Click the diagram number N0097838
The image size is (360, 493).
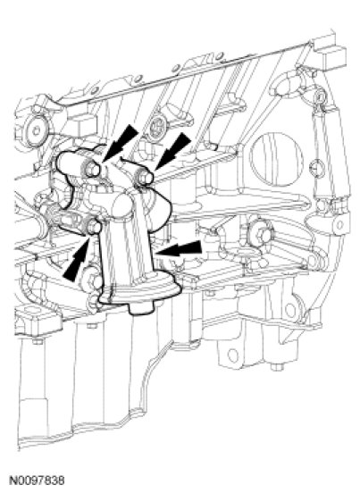[38, 480]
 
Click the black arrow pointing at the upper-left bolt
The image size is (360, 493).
[121, 142]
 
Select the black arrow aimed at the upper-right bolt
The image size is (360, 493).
[173, 151]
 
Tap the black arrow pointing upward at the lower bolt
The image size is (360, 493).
[77, 259]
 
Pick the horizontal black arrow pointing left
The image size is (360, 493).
[179, 248]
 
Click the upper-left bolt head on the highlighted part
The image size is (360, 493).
[92, 169]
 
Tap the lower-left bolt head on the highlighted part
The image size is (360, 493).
[93, 227]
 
